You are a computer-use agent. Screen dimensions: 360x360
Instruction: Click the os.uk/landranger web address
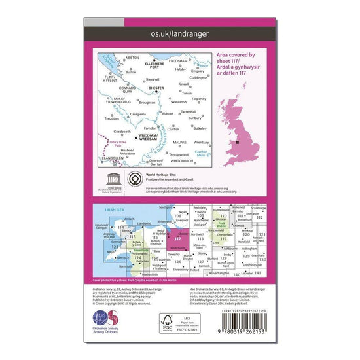pyautogui.click(x=179, y=31)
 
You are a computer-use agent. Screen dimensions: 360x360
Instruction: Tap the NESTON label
pyautogui.click(x=132, y=58)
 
